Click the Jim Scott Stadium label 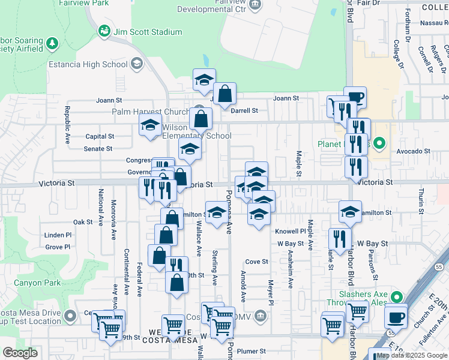coord(148,32)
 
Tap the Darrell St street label coord(245,110)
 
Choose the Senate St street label coord(98,148)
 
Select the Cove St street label coord(256,262)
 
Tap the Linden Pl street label coord(58,235)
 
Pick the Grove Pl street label coord(58,247)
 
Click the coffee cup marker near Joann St coord(355,98)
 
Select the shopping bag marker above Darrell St coord(225,94)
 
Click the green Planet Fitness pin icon coord(379,143)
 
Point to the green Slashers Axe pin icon coord(396,296)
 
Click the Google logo coord(20,353)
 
